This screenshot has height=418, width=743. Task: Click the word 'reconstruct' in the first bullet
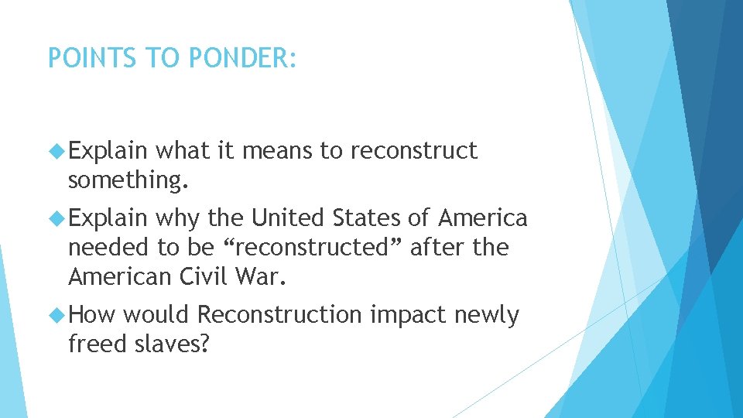(414, 151)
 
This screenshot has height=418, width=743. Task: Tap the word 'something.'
(128, 180)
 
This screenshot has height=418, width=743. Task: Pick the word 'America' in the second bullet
(484, 218)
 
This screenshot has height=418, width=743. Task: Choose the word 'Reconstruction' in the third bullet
(279, 315)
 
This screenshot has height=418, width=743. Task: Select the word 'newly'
(487, 316)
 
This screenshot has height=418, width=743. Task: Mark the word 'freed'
(98, 344)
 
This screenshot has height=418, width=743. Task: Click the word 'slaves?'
(172, 344)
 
